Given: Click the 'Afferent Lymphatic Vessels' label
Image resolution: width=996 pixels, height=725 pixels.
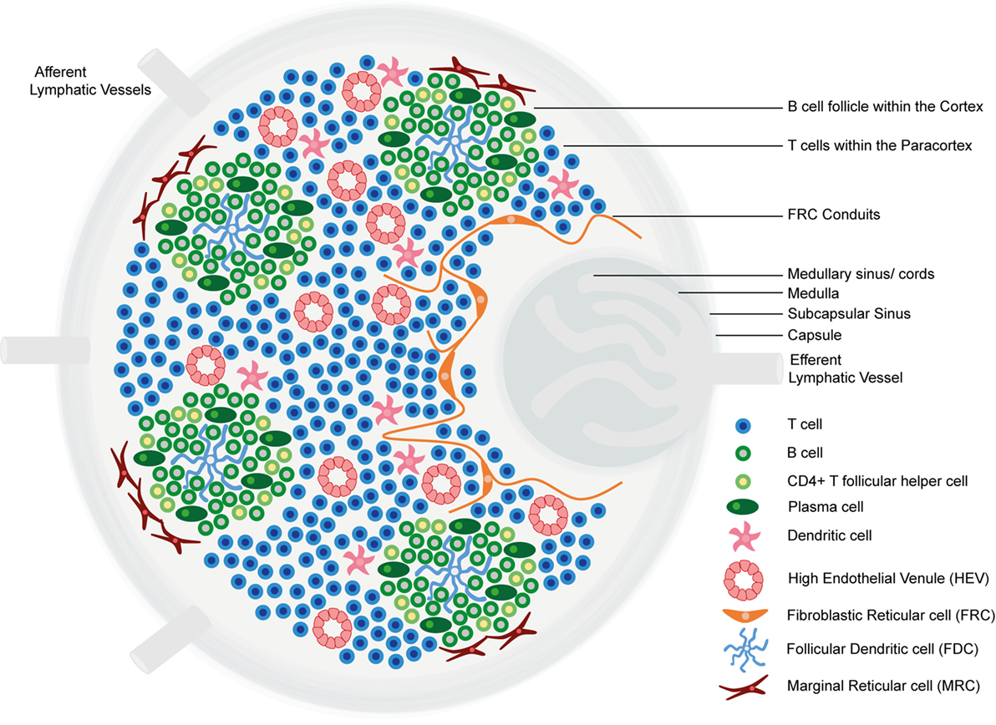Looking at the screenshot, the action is (x=90, y=81).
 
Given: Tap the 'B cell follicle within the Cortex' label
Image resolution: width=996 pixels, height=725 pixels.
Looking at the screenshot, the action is (x=886, y=107).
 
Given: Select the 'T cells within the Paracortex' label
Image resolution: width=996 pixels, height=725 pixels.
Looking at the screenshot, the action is (x=880, y=145).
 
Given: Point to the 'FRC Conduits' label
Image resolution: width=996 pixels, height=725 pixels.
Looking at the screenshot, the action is (x=833, y=215).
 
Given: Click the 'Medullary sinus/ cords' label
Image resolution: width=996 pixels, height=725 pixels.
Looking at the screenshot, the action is (x=861, y=274).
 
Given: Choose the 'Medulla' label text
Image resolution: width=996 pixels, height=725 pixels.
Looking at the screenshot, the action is (x=813, y=294).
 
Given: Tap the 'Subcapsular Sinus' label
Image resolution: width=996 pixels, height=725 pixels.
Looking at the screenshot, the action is (x=849, y=313).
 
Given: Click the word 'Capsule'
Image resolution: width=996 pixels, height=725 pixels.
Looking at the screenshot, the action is (x=815, y=335).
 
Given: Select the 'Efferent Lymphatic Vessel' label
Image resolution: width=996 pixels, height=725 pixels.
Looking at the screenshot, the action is (x=846, y=369).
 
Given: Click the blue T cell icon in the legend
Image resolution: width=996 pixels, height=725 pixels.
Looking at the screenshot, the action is (x=742, y=425).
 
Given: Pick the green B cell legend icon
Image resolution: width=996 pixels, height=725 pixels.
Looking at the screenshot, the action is (x=742, y=454).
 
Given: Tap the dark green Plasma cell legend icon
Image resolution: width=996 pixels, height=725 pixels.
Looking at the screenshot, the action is (x=742, y=507).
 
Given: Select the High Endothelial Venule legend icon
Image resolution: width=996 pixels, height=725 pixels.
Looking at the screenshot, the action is (x=743, y=580).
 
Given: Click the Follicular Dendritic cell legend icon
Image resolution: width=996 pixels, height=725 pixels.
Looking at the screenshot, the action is (x=745, y=649).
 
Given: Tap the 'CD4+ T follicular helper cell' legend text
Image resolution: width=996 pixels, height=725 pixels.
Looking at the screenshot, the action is (x=877, y=481).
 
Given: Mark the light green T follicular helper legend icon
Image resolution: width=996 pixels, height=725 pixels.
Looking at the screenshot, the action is (x=742, y=481).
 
